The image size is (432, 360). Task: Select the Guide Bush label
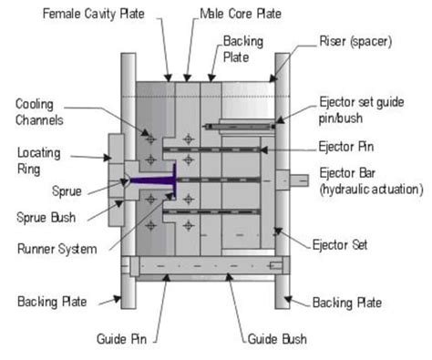[x=277, y=339]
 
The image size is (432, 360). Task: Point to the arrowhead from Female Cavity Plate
[x=167, y=77]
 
